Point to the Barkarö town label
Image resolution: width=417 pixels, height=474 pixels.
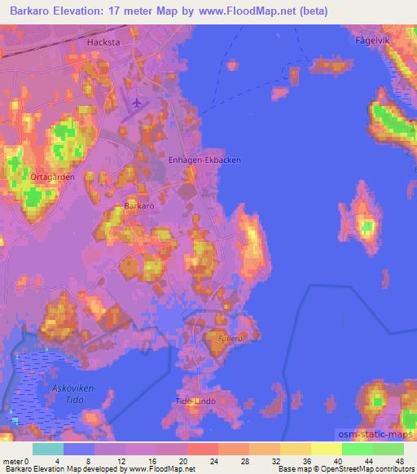[x=138, y=207]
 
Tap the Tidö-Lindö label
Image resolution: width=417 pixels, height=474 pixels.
[x=194, y=402]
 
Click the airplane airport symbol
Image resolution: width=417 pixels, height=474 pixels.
[x=136, y=103]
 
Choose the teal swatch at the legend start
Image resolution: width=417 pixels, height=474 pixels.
[x=48, y=449]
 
